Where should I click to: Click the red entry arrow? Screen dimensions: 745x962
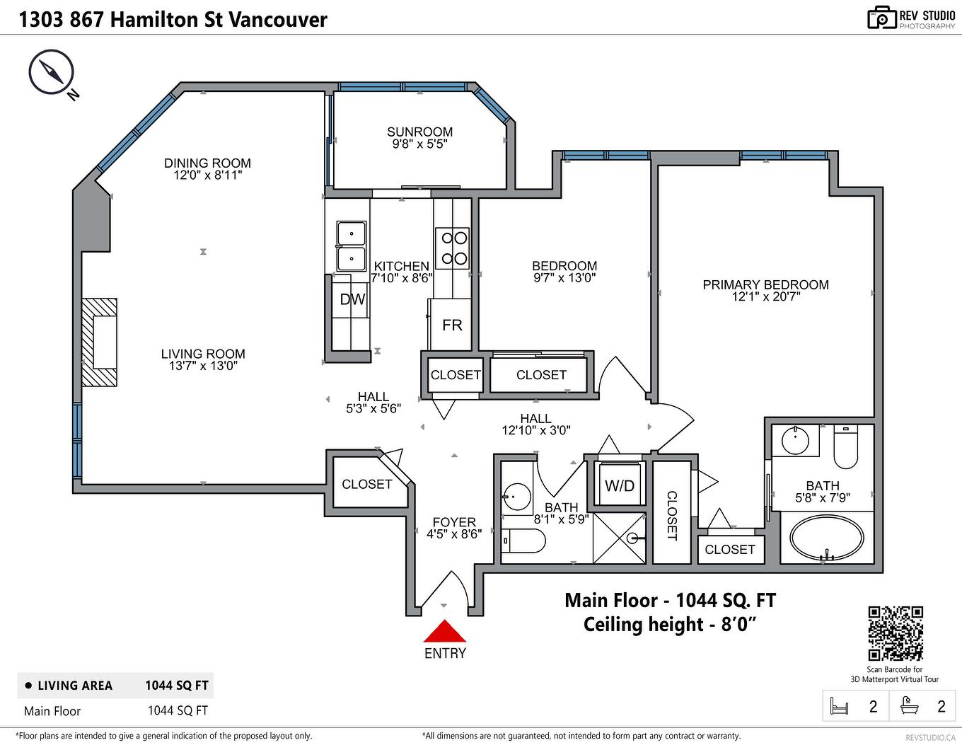[444, 631]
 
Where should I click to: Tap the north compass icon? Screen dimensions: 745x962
[51, 71]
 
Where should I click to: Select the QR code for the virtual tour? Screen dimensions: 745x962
[895, 633]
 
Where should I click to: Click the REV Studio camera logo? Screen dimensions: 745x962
[881, 18]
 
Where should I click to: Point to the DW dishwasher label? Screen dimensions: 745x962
[352, 299]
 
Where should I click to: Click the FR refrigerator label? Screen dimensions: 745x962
[452, 325]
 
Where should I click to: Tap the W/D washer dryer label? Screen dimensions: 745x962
[620, 486]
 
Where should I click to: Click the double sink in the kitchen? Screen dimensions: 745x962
[352, 246]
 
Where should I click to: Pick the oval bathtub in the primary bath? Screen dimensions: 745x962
[826, 538]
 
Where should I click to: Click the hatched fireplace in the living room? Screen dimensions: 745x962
[99, 342]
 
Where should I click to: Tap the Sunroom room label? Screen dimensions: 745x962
[419, 132]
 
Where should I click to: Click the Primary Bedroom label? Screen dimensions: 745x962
[765, 284]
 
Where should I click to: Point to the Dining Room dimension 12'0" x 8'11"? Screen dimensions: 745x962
[207, 175]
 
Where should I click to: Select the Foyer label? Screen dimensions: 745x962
[454, 522]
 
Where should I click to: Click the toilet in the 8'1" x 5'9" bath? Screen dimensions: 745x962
[524, 542]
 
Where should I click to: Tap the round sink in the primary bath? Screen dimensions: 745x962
[796, 441]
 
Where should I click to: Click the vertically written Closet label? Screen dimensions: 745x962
[672, 516]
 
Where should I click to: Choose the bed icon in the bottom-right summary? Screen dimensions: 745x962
[839, 706]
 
